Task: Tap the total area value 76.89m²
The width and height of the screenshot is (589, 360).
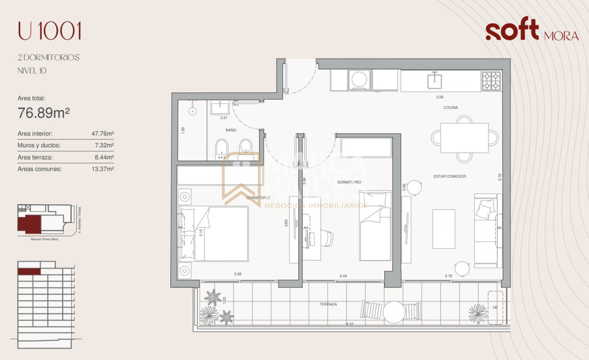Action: pos(44,113)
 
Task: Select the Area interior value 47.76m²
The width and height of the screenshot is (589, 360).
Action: pos(103,134)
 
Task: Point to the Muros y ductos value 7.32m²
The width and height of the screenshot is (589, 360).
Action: pos(104,145)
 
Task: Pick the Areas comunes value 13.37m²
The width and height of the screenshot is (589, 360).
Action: pos(103,169)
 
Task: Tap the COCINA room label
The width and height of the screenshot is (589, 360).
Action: pos(451,107)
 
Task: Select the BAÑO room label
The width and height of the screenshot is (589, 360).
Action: pos(231,131)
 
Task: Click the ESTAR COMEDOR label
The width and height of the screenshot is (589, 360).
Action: pos(449,176)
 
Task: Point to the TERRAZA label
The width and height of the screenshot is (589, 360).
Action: pos(328,305)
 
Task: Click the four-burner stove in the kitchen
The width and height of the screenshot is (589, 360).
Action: pos(491,81)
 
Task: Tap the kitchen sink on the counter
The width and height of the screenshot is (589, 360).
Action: pos(434,80)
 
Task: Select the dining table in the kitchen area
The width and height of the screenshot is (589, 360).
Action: pos(464,138)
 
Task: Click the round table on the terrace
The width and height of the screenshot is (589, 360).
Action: pos(394,311)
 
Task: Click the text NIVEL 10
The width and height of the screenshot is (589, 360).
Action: pos(32,71)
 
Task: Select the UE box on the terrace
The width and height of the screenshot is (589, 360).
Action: pos(495,307)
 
